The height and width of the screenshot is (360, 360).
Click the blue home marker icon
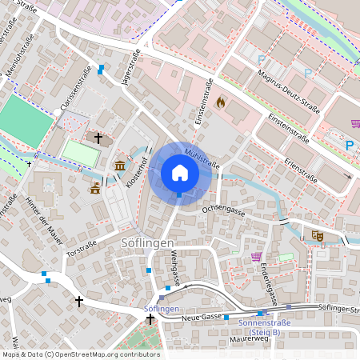[x=179, y=172]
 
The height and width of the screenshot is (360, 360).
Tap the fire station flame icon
[x=221, y=102]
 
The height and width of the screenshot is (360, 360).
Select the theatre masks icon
[x=318, y=236]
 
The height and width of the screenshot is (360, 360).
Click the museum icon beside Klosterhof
[x=119, y=166]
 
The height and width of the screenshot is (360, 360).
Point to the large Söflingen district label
[x=142, y=242]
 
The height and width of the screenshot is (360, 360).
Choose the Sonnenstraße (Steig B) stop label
[x=261, y=327]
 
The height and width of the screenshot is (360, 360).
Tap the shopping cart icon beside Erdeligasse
[x=256, y=257]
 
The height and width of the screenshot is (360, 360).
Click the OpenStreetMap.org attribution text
[x=112, y=354]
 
